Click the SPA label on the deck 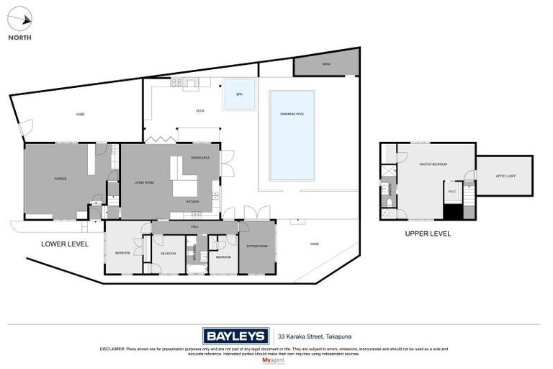tap(239, 94)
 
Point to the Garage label tap(60, 178)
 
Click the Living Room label tap(144, 183)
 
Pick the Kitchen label tap(192, 202)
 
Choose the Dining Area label tap(200, 157)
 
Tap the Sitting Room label tap(257, 246)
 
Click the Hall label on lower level tap(194, 227)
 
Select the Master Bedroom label tap(433, 164)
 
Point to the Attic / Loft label tap(506, 176)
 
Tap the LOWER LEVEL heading tap(65, 244)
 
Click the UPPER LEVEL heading tap(427, 234)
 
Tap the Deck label tap(201, 111)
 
